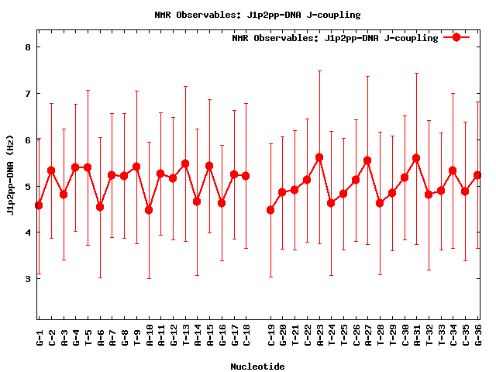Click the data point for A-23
(x=319, y=157)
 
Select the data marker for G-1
(x=39, y=205)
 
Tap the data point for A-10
(x=149, y=210)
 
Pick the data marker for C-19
(x=270, y=210)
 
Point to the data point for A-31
(x=416, y=158)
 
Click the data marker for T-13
(x=185, y=164)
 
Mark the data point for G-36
(x=477, y=175)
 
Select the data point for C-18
(x=246, y=176)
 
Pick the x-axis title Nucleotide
(x=257, y=366)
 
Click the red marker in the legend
(x=456, y=37)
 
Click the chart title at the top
(x=257, y=15)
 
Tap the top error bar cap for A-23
(x=319, y=71)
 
